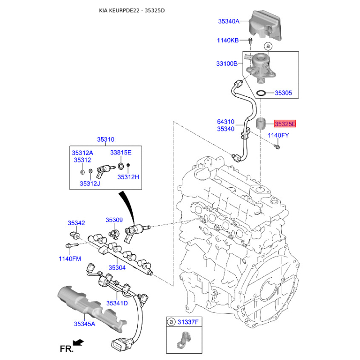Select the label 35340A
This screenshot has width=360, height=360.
coord(229,21)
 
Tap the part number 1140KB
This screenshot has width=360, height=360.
coord(228,40)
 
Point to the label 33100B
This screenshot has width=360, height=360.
coord(226,64)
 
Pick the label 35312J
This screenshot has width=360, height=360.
coord(90,183)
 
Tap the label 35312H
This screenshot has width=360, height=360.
coord(128,177)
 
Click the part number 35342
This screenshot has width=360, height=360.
coord(76,223)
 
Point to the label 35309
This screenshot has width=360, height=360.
coord(114,220)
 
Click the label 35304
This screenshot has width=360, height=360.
coord(116,268)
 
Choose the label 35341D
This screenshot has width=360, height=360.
coord(117,303)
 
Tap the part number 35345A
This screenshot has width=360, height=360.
coord(85,324)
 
